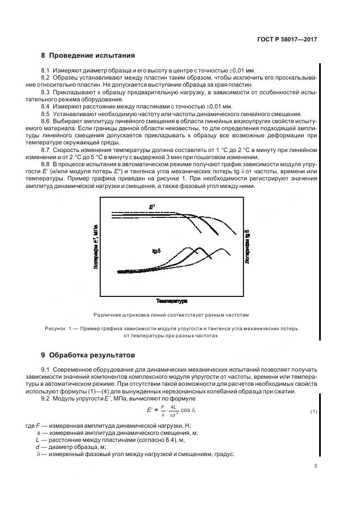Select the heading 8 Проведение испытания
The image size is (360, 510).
pyautogui.click(x=88, y=56)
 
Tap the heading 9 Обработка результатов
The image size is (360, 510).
pyautogui.click(x=88, y=355)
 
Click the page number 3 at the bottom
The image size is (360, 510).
pyautogui.click(x=315, y=466)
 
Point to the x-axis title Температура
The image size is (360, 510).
pyautogui.click(x=172, y=300)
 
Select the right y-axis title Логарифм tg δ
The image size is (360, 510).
pyautogui.click(x=247, y=246)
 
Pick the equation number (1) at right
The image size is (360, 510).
pyautogui.click(x=314, y=411)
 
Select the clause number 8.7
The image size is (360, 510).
pyautogui.click(x=45, y=149)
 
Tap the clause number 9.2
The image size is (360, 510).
pyautogui.click(x=45, y=399)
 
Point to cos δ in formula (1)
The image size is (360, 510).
pyautogui.click(x=186, y=410)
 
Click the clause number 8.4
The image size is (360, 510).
pyautogui.click(x=45, y=106)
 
